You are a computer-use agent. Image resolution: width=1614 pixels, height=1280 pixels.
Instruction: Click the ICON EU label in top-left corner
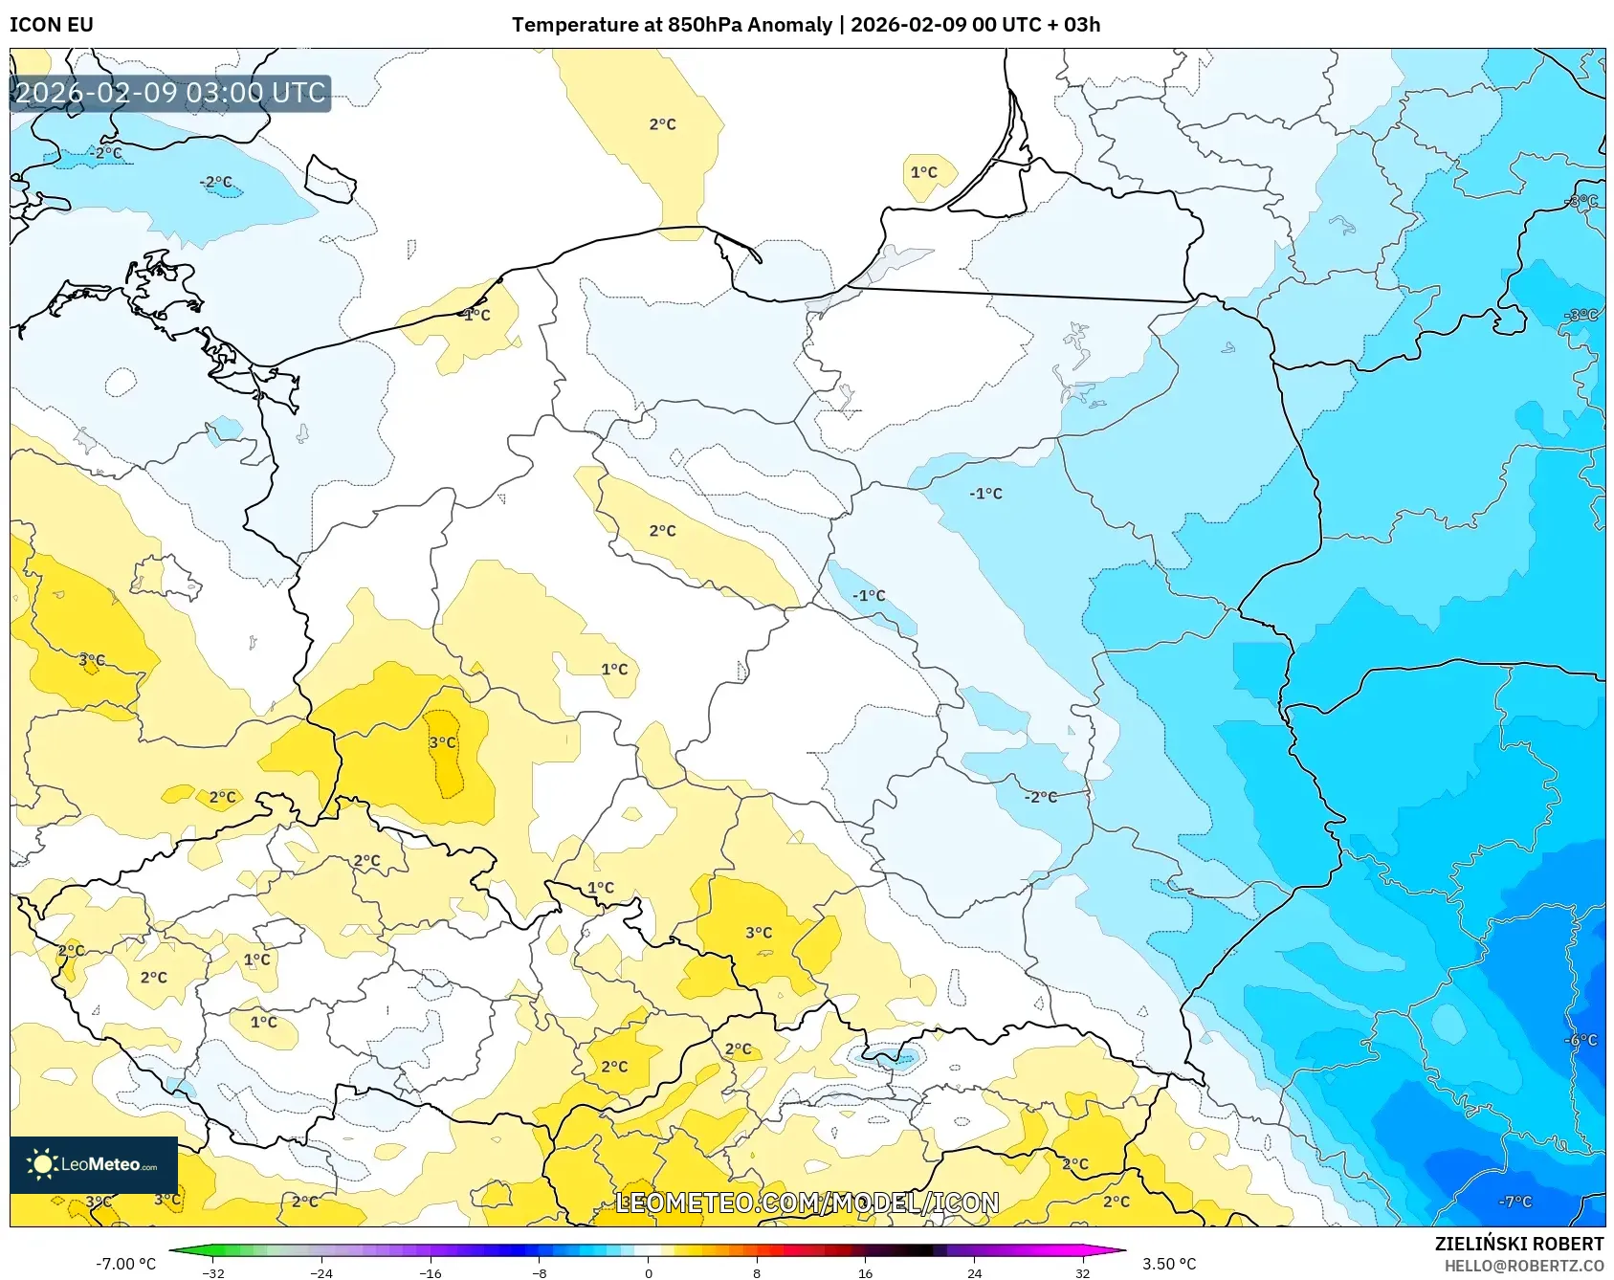52,25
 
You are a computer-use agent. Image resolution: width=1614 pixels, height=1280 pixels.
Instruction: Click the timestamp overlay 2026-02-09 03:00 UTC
170,93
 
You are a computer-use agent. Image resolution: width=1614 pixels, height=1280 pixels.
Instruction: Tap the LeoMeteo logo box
94,1164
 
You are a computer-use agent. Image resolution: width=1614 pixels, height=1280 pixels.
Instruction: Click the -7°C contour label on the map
1515,1202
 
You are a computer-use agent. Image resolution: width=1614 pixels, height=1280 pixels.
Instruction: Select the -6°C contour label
1581,1040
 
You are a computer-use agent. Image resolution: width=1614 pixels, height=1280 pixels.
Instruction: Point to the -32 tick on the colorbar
213,1272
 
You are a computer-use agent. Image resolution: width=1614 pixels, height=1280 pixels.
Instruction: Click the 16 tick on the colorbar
865,1272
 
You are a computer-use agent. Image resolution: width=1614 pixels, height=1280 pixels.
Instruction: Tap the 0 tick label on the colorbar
649,1272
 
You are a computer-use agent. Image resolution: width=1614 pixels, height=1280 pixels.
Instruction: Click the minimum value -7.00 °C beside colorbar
125,1264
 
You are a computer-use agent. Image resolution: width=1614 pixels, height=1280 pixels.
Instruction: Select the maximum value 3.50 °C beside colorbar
1169,1264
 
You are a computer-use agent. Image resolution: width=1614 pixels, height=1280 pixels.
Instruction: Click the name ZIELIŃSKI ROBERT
1518,1244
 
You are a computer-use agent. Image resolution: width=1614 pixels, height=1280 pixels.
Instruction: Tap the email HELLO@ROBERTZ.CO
1523,1266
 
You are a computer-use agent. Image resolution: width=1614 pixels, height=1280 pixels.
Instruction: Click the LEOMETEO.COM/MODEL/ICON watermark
807,1203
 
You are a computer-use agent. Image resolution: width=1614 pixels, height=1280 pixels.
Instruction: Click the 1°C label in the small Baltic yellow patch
923,172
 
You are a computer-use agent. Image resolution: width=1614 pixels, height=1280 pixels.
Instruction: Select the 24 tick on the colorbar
974,1272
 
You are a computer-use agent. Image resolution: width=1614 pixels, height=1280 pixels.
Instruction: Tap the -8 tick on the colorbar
540,1272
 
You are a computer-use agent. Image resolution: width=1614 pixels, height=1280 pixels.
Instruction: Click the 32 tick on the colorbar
1082,1272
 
